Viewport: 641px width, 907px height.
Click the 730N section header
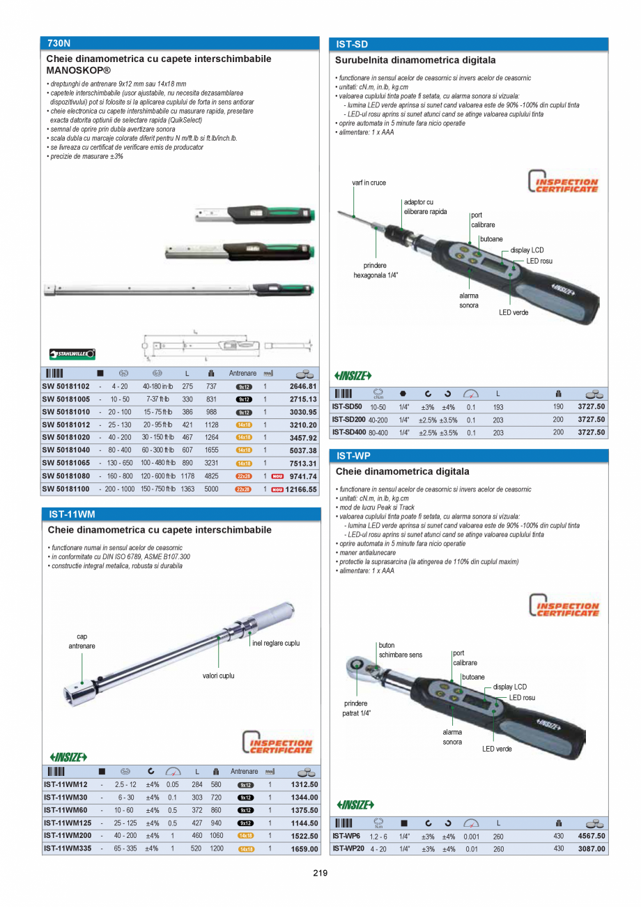pos(59,43)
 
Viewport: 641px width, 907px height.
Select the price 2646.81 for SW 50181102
pos(303,386)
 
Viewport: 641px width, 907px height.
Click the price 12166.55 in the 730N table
pos(301,489)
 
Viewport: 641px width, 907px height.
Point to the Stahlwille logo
pos(72,354)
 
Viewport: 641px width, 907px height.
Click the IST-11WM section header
pos(72,515)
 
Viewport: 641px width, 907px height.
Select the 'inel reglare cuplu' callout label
pos(276,643)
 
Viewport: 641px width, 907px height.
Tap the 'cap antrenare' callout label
pos(82,641)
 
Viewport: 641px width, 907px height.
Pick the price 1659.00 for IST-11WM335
pos(304,849)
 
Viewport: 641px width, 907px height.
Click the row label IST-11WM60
pos(65,810)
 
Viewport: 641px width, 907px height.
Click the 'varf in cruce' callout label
pos(369,183)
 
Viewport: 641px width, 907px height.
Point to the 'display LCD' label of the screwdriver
pos(527,250)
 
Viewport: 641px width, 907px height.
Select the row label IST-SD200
pos(348,420)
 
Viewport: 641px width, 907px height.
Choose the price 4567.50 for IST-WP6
pos(592,836)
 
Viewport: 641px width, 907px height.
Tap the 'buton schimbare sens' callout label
pos(400,650)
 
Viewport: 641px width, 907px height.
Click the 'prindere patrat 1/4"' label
pos(356,708)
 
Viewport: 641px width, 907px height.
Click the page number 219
pos(320,874)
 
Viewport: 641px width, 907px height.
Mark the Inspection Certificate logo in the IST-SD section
pos(563,182)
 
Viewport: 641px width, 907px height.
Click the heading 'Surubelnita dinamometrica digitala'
pos(415,61)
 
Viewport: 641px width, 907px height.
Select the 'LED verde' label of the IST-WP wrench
pos(497,749)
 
